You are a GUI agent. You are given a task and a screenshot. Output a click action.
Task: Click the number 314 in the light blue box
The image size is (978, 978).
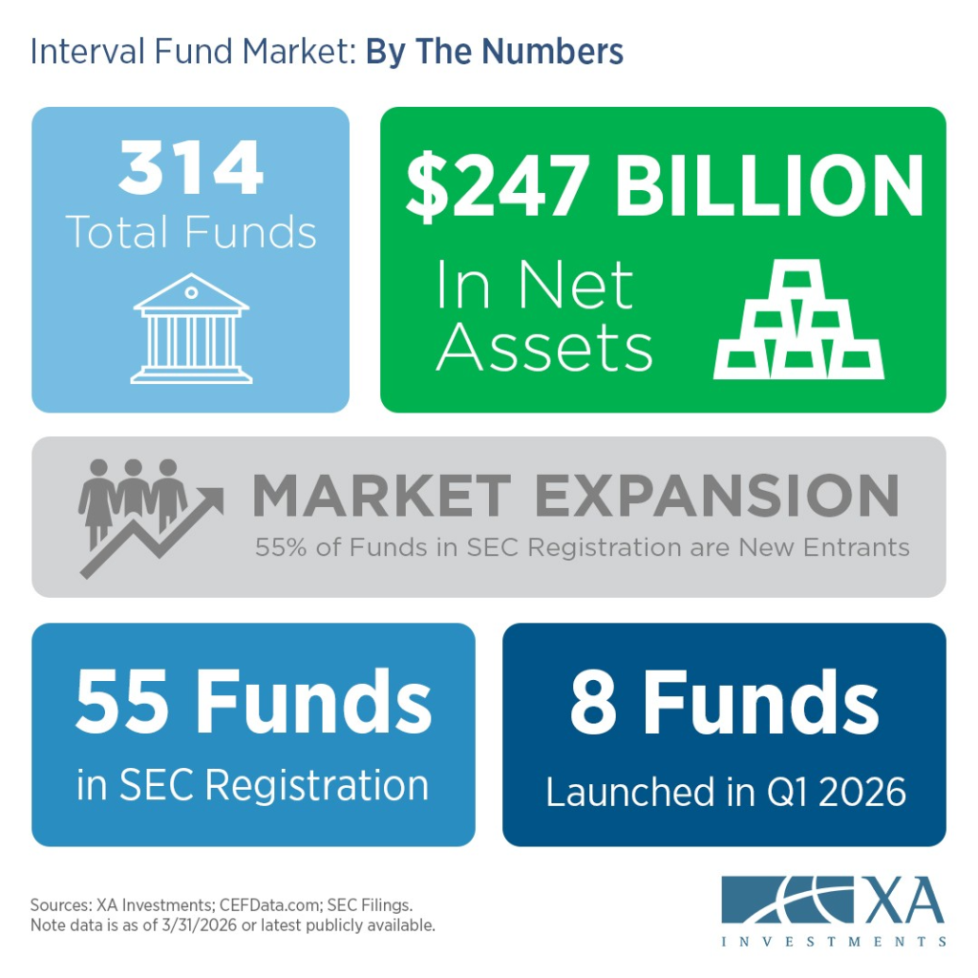(191, 167)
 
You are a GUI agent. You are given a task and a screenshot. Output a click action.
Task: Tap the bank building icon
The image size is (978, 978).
(191, 329)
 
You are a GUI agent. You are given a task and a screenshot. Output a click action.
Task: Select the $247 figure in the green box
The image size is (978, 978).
(498, 186)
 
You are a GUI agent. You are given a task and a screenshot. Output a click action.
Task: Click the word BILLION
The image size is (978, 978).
(769, 185)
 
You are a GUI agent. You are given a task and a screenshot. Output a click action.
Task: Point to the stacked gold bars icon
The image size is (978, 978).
(799, 319)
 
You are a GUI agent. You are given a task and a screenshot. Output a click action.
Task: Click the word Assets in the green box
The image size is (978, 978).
(543, 347)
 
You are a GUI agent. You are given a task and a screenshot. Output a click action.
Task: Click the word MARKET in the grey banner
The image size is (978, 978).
(382, 496)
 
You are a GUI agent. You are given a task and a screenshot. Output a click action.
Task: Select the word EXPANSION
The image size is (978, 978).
(717, 496)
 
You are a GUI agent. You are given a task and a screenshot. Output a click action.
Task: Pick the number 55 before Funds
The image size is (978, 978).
(122, 701)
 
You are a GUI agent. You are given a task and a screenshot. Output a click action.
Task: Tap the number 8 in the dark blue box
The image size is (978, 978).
(593, 702)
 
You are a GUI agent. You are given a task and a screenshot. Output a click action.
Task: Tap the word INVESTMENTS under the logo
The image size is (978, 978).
(834, 941)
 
